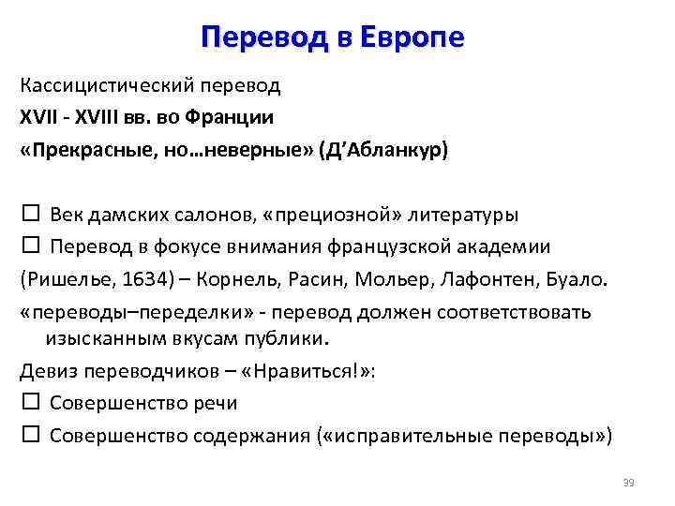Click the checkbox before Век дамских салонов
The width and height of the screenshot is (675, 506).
point(28,214)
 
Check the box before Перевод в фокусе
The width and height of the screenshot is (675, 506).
point(28,246)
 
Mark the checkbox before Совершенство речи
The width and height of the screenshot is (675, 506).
point(28,402)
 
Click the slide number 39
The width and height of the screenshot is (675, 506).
point(628,483)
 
